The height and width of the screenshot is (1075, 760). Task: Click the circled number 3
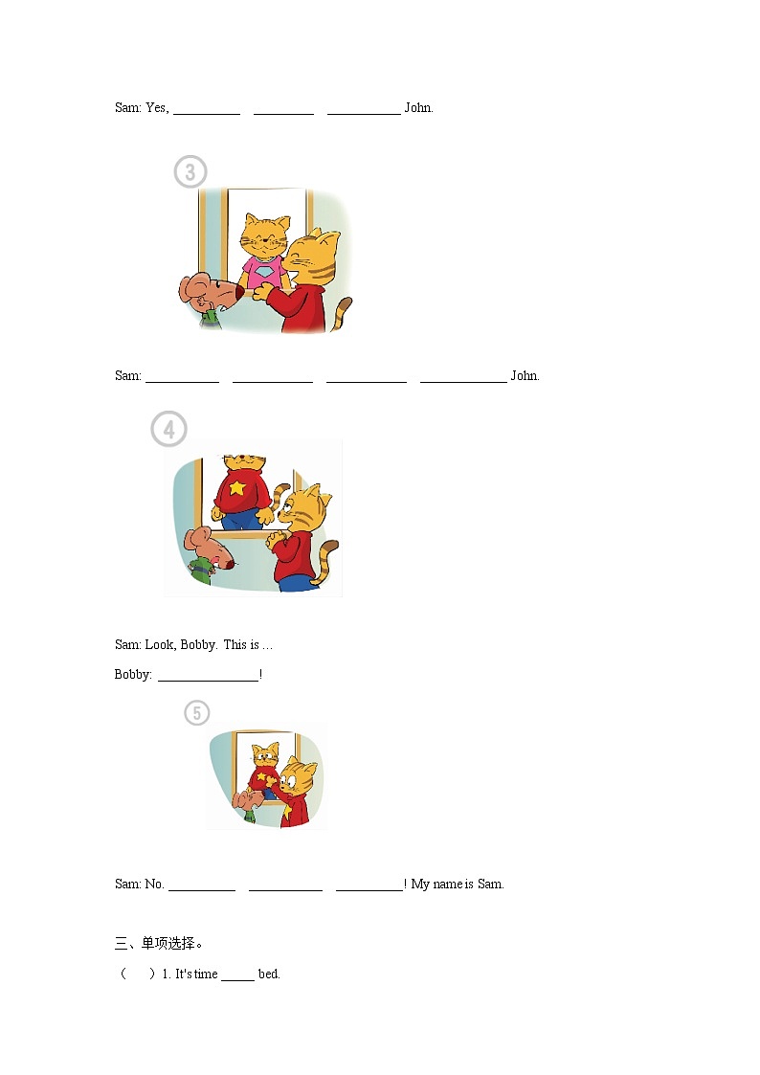coord(190,171)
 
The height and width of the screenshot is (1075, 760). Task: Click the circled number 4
coord(168,429)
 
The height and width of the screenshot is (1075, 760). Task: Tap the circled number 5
coord(196,713)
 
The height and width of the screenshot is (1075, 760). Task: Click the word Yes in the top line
coord(157,107)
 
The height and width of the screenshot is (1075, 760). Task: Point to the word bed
coord(269,974)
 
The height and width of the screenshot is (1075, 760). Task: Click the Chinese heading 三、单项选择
coord(158,943)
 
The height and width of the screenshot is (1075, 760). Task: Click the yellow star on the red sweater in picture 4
coord(237,487)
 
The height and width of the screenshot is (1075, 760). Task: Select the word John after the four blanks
coord(525,375)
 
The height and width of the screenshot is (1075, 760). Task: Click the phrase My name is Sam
coord(458,884)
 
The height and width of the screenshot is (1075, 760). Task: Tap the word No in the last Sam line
coord(154,884)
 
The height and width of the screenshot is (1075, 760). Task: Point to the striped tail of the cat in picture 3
coord(342,313)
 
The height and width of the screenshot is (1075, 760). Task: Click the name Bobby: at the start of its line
coord(133,675)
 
